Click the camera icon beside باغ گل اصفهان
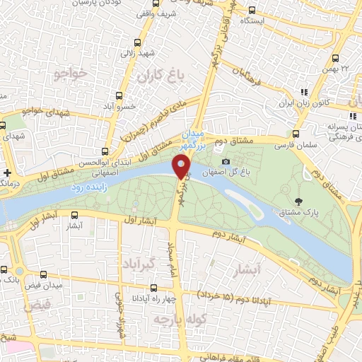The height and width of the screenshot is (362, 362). coord(226,161)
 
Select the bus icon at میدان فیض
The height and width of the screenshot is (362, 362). coord(44,274)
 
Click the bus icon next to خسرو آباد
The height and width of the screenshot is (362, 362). coord(117,95)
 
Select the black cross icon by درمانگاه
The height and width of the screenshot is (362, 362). coord(6,172)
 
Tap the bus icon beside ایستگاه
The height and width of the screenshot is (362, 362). coord(252,11)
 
